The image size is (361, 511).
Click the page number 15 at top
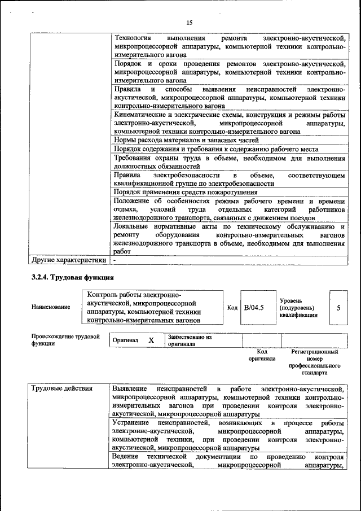click(189, 22)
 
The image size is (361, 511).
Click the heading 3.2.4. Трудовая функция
click(73, 278)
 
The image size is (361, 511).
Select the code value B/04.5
click(254, 308)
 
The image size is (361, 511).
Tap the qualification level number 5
click(338, 308)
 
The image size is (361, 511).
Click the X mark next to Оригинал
click(151, 340)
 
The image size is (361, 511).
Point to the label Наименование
click(51, 307)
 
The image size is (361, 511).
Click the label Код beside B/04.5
click(232, 308)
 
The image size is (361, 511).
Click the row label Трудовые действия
click(62, 389)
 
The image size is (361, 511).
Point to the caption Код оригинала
click(262, 355)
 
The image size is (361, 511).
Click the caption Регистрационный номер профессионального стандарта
click(315, 362)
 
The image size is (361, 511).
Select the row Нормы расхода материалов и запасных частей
click(186, 139)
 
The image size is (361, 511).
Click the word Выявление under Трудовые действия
click(130, 389)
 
